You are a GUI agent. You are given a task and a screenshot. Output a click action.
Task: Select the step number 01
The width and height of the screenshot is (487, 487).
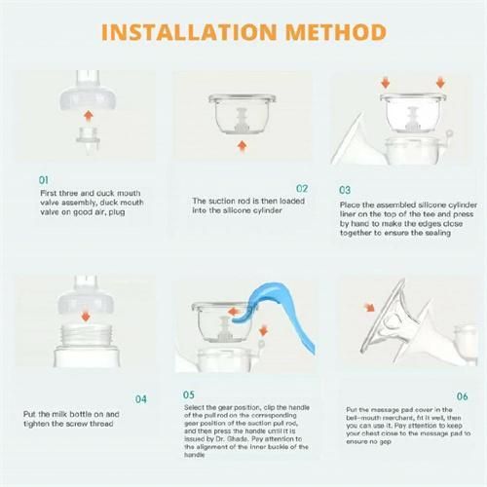click(x=43, y=180)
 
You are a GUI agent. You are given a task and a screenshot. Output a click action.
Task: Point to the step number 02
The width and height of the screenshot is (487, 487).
click(x=302, y=188)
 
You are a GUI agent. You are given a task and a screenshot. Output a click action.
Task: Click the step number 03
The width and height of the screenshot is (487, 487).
click(x=345, y=190)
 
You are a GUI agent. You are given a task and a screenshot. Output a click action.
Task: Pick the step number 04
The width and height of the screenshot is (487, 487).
click(x=141, y=398)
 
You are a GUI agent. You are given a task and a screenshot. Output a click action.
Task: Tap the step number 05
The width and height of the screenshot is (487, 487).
click(x=188, y=394)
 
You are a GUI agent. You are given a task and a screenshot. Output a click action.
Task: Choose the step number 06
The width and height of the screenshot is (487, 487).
click(x=461, y=396)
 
